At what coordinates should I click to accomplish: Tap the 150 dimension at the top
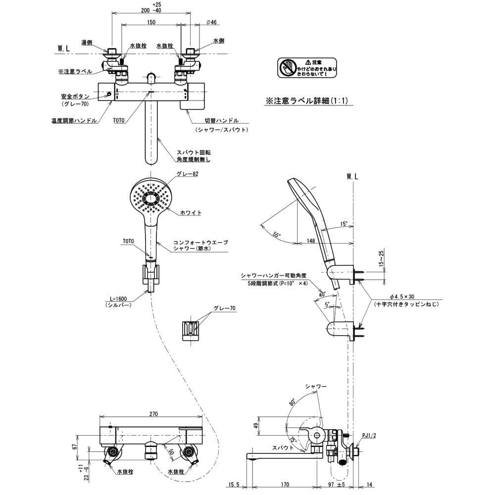tap(151, 22)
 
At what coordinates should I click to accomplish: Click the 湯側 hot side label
tap(87, 43)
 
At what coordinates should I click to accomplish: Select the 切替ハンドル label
tap(222, 121)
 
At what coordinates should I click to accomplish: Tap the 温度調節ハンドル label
tap(74, 120)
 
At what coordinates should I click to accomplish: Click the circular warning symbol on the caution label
tap(288, 67)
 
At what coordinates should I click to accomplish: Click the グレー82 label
tap(188, 174)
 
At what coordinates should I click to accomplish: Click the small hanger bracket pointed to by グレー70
tap(190, 330)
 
